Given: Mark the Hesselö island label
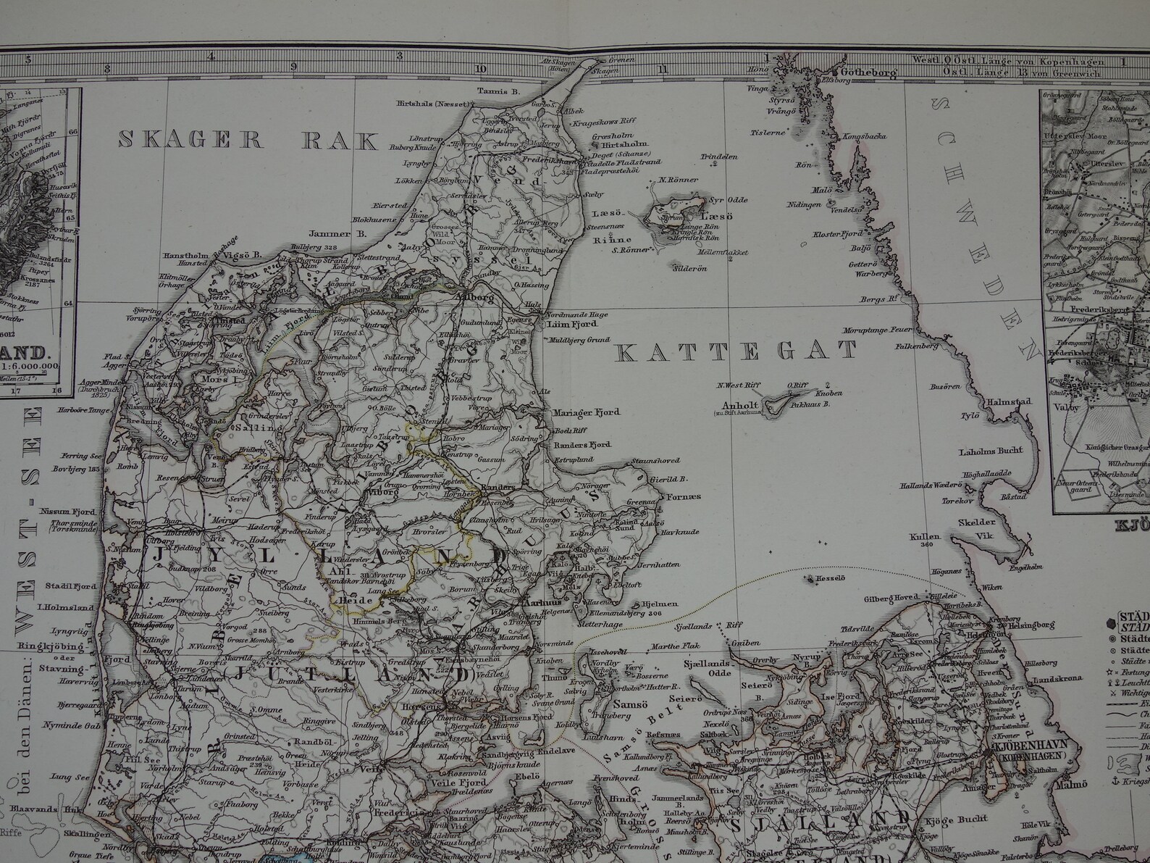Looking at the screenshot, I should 821,580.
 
